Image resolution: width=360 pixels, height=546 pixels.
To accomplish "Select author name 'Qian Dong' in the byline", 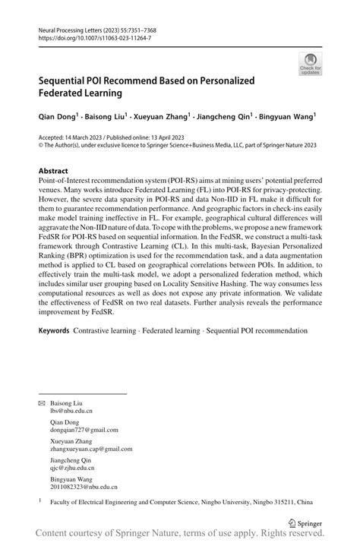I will point(57,118).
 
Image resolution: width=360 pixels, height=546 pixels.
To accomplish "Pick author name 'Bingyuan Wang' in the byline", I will point(288,118).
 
